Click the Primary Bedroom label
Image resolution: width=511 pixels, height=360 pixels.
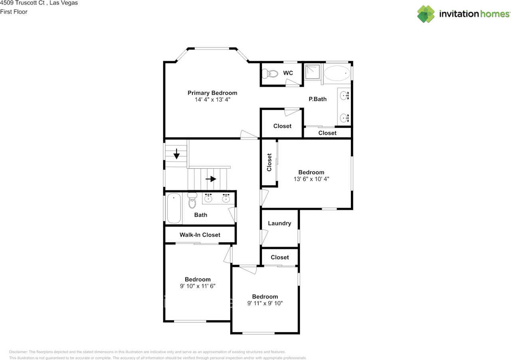pos(212,93)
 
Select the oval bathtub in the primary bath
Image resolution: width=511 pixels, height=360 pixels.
pos(337,74)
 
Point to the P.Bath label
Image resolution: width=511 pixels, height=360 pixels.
pos(317,99)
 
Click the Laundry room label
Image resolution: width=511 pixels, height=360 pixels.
pos(279,223)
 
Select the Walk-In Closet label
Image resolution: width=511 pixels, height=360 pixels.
pos(200,235)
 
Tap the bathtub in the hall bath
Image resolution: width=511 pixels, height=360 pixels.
pos(174,208)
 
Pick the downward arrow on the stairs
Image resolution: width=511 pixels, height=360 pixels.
pos(176,153)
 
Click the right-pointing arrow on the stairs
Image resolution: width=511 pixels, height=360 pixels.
pos(211,179)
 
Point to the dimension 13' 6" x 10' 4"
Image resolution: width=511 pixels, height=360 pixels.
pos(311,179)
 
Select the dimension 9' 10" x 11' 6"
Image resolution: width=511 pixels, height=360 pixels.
pos(198,286)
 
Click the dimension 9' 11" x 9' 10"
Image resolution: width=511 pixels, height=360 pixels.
pos(265,303)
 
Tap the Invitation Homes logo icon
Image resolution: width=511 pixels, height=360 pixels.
pos(426,14)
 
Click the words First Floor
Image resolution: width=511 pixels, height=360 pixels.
pos(14,12)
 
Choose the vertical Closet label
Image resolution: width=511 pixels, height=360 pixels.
pos(269,162)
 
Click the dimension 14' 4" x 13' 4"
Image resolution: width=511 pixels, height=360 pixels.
pos(212,100)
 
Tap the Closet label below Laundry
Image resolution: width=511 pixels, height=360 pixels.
pos(279,257)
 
